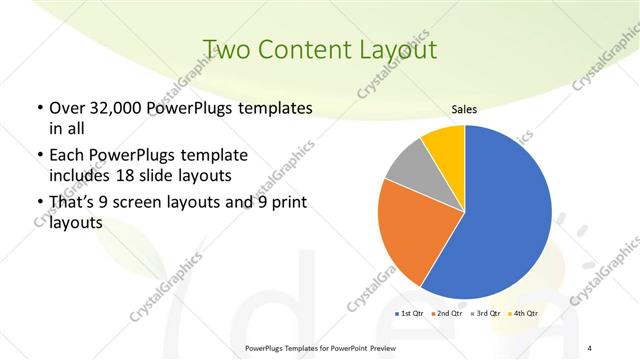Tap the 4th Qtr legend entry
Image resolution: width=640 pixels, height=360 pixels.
526,314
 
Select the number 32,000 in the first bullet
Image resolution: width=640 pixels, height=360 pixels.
114,108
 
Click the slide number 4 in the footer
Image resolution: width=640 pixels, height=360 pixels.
590,347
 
